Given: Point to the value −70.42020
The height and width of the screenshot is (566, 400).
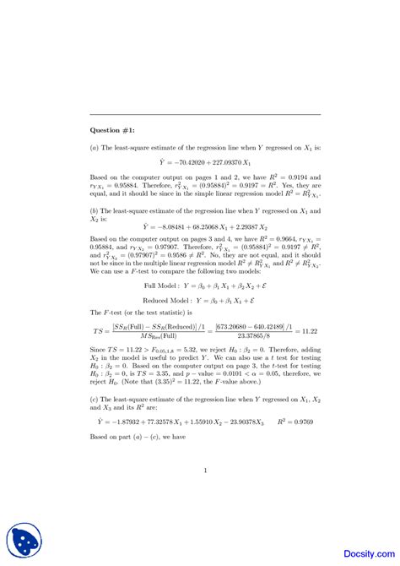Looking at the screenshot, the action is click(x=185, y=161).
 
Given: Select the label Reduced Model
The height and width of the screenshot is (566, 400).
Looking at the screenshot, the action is click(x=161, y=300).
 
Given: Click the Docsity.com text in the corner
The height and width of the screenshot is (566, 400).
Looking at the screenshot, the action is click(x=365, y=547).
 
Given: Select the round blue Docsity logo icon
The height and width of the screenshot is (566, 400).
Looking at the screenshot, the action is click(x=24, y=541).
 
